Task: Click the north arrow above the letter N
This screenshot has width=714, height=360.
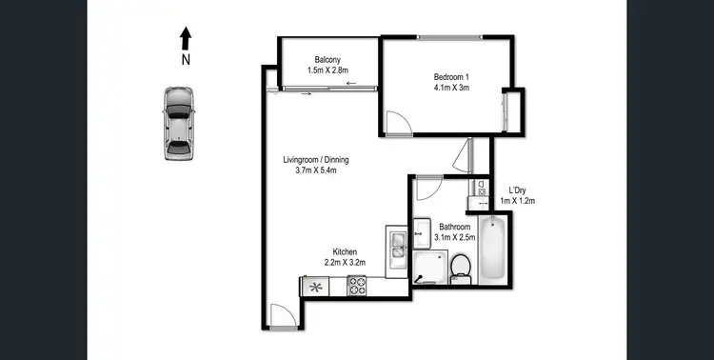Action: pyautogui.click(x=186, y=37)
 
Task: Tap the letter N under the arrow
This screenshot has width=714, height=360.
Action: pyautogui.click(x=186, y=58)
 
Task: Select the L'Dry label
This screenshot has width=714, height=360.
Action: pyautogui.click(x=519, y=189)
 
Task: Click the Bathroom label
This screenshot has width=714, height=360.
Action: pyautogui.click(x=455, y=226)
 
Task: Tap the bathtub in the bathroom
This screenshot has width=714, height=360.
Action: pyautogui.click(x=493, y=250)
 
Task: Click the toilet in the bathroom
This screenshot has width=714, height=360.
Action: pyautogui.click(x=462, y=267)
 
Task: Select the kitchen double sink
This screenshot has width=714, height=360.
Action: pyautogui.click(x=396, y=245)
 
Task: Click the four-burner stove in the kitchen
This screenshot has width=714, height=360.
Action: pyautogui.click(x=357, y=284)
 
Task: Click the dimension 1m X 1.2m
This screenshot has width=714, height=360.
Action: pyautogui.click(x=519, y=201)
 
